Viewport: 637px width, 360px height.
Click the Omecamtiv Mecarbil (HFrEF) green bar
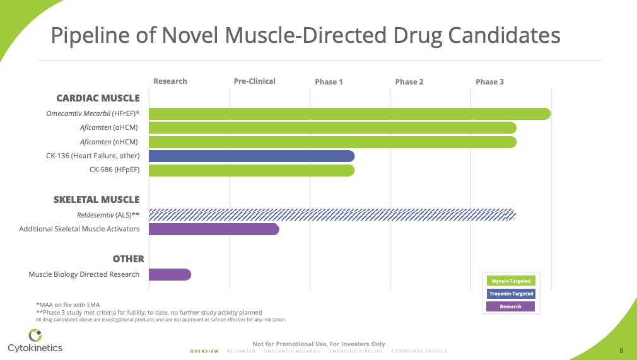349,114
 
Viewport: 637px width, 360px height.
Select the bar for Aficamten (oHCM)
332,128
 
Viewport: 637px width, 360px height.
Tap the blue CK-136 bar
251,156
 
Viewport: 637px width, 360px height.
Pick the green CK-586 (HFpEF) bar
251,170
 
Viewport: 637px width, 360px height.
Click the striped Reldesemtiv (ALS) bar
332,215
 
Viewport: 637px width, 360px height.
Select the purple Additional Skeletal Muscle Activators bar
213,229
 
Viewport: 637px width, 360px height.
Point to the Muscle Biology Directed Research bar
170,274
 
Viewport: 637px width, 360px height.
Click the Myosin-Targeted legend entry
510,281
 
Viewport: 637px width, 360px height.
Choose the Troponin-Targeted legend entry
510,294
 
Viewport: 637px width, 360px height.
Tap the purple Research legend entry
510,306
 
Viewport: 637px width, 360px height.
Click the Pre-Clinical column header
254,81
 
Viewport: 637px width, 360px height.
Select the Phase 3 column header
489,82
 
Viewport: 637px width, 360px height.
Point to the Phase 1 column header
329,82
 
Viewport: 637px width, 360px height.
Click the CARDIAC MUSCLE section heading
98,98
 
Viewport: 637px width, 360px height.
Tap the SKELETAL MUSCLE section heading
96,200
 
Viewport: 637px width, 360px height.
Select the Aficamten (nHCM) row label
108,142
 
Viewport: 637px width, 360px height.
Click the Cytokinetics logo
35,341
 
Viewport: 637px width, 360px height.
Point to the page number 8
621,351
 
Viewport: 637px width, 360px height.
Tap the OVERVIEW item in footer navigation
204,351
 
